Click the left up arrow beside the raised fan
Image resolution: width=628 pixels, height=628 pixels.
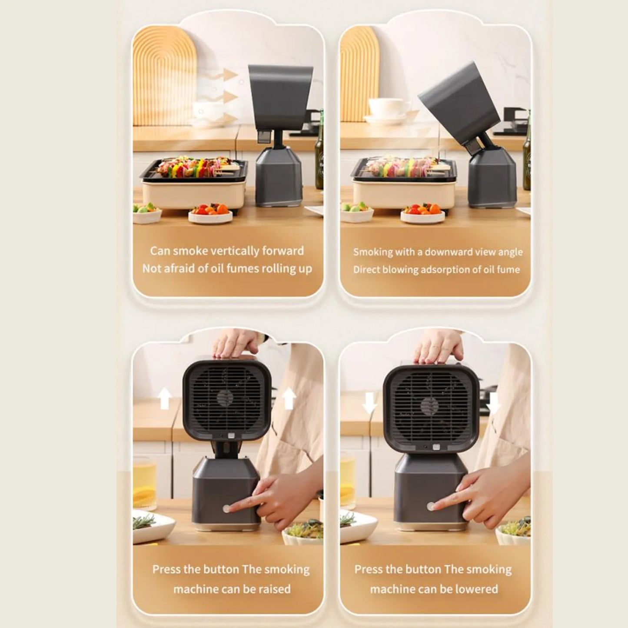[x=165, y=399]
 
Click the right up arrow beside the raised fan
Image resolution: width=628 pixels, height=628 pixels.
[x=288, y=399]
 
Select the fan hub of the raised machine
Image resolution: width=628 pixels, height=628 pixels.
[x=226, y=398]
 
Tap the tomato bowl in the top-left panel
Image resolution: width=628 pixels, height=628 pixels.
[x=210, y=213]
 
